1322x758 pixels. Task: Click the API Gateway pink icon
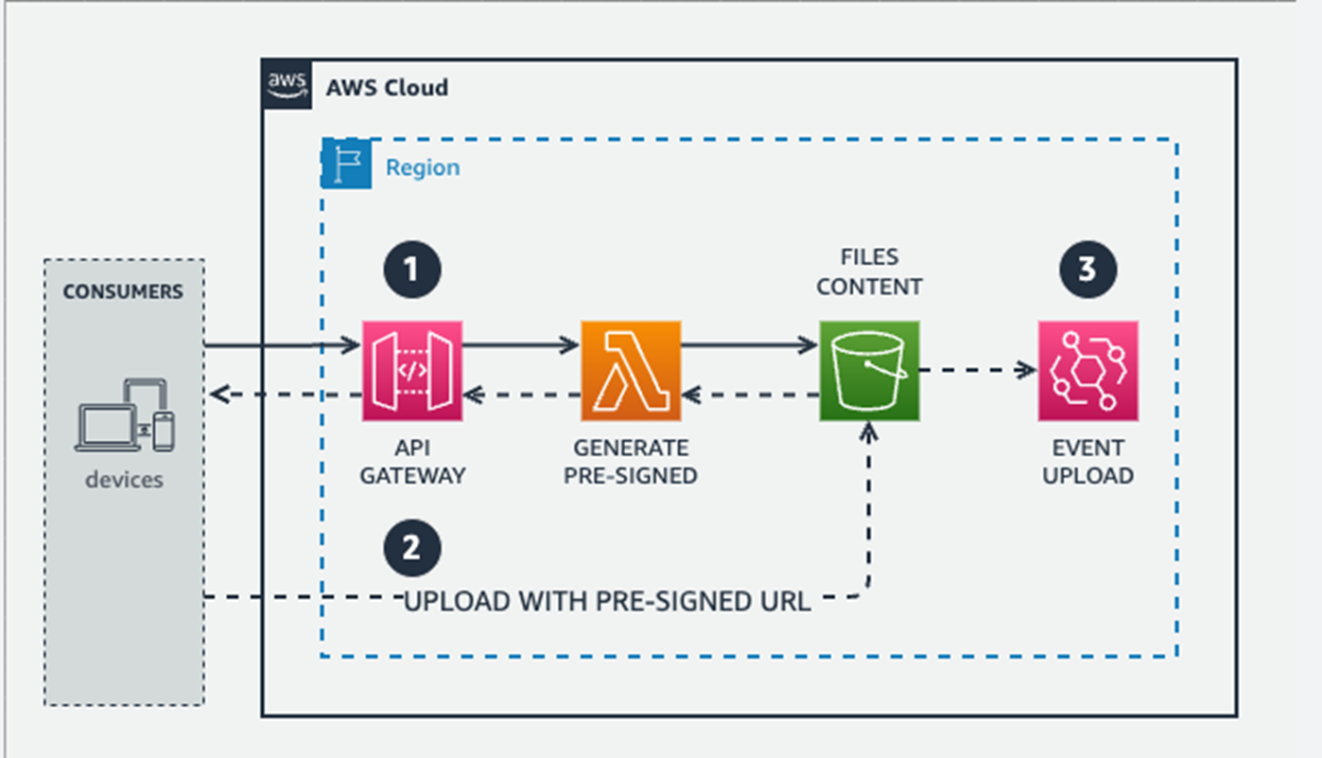pyautogui.click(x=412, y=371)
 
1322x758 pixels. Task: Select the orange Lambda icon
pyautogui.click(x=631, y=371)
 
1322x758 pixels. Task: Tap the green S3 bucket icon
pyautogui.click(x=869, y=371)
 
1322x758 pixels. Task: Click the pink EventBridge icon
pyautogui.click(x=1087, y=371)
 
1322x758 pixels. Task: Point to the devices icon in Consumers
pyautogui.click(x=125, y=415)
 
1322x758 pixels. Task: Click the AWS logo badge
pyautogui.click(x=286, y=84)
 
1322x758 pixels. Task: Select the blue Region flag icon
pyautogui.click(x=345, y=164)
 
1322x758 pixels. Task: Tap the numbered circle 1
pyautogui.click(x=412, y=270)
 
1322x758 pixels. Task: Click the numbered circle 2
pyautogui.click(x=412, y=549)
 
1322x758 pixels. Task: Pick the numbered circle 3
pyautogui.click(x=1087, y=270)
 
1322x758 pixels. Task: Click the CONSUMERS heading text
pyautogui.click(x=123, y=291)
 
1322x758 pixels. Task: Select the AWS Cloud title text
pyautogui.click(x=387, y=88)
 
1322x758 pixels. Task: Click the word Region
pyautogui.click(x=423, y=167)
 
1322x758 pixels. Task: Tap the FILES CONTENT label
pyautogui.click(x=869, y=272)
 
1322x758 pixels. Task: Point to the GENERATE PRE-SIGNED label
pyautogui.click(x=631, y=462)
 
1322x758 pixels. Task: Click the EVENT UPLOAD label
pyautogui.click(x=1087, y=462)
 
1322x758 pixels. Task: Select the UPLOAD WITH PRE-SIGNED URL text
pyautogui.click(x=607, y=602)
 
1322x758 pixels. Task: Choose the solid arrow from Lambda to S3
pyautogui.click(x=749, y=346)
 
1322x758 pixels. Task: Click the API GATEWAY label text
pyautogui.click(x=412, y=462)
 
